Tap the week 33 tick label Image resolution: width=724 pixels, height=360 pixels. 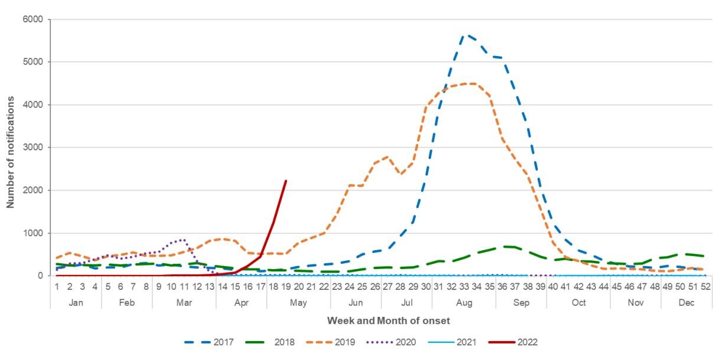[464, 286]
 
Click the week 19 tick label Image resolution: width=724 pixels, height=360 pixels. [286, 286]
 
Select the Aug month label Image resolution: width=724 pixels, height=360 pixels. [464, 302]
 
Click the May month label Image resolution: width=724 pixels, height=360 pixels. [298, 302]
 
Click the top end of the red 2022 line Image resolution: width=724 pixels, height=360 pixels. [286, 181]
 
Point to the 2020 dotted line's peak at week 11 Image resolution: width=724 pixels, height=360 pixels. [184, 240]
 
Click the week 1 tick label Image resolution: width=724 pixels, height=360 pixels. [57, 286]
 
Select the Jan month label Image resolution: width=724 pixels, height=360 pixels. [76, 302]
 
